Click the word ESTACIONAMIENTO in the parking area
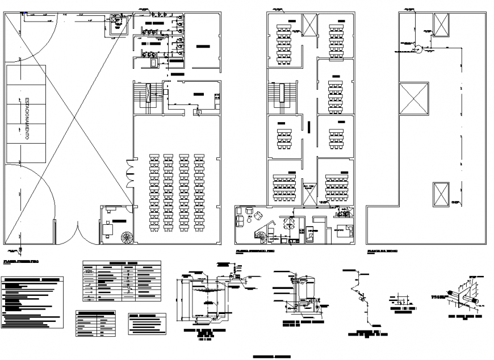click(27, 119)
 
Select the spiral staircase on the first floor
click(126, 236)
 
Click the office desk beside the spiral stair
click(108, 228)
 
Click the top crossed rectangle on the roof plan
click(441, 23)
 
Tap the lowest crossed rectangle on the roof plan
click(441, 194)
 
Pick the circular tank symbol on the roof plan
click(419, 49)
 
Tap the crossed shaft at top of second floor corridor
click(311, 24)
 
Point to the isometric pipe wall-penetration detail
click(464, 295)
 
